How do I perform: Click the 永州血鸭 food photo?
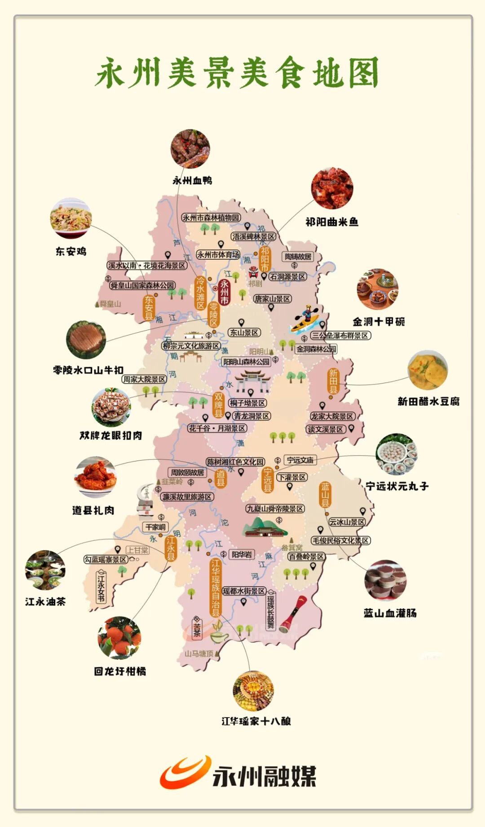[x=190, y=149]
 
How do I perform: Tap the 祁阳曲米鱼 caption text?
[x=332, y=222]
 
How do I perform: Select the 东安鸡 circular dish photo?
[x=71, y=218]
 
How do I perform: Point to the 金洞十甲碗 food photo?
[x=378, y=289]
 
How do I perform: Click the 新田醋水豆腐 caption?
[x=428, y=401]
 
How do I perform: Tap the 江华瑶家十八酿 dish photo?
[x=253, y=691]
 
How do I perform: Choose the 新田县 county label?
[x=333, y=381]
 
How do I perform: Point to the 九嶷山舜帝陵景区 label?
[x=275, y=509]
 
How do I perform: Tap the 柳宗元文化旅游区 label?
[x=191, y=346]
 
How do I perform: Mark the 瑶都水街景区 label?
[x=244, y=591]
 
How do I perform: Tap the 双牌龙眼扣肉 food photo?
[x=111, y=407]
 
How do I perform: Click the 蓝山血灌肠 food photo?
[x=386, y=580]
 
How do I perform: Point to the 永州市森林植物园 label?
[x=211, y=218]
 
